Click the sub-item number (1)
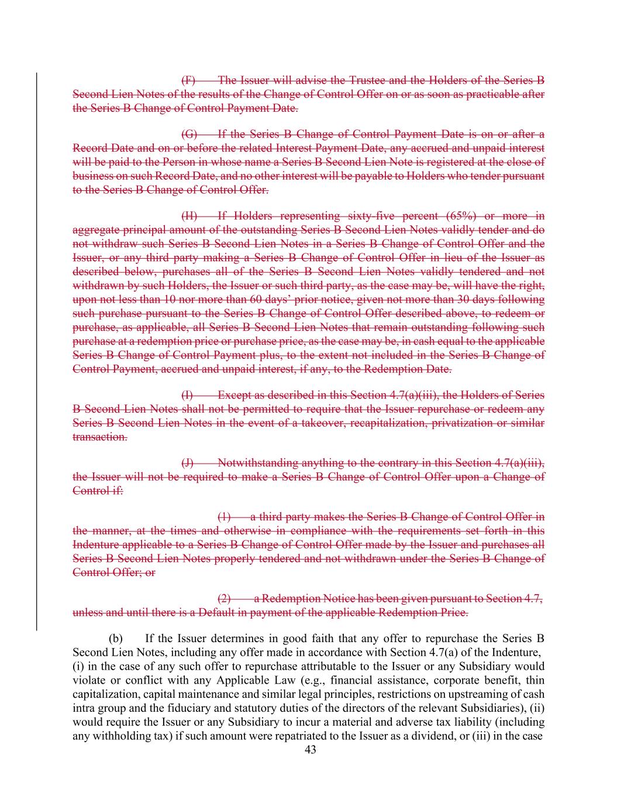point(224,517)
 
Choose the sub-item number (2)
point(224,599)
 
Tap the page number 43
point(311,750)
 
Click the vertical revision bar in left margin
point(36,351)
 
